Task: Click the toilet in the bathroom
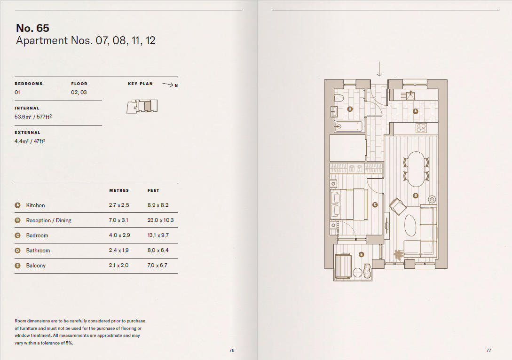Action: (x=339, y=98)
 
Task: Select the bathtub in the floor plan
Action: (x=349, y=126)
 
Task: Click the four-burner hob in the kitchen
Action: (x=421, y=128)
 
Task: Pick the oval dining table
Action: (x=416, y=169)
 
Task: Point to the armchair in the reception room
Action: (x=398, y=206)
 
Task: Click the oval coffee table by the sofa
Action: (x=410, y=226)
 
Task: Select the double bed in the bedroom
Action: (x=348, y=204)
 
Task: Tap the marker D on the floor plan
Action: (x=350, y=109)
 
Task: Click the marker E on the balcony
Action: (x=361, y=254)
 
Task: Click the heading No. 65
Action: (x=32, y=28)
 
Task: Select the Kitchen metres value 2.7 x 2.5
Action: (x=118, y=205)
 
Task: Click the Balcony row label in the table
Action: (x=36, y=266)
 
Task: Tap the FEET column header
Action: (x=153, y=190)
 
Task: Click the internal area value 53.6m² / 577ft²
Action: (x=33, y=117)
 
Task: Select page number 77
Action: (x=488, y=350)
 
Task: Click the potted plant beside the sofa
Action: (x=399, y=255)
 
